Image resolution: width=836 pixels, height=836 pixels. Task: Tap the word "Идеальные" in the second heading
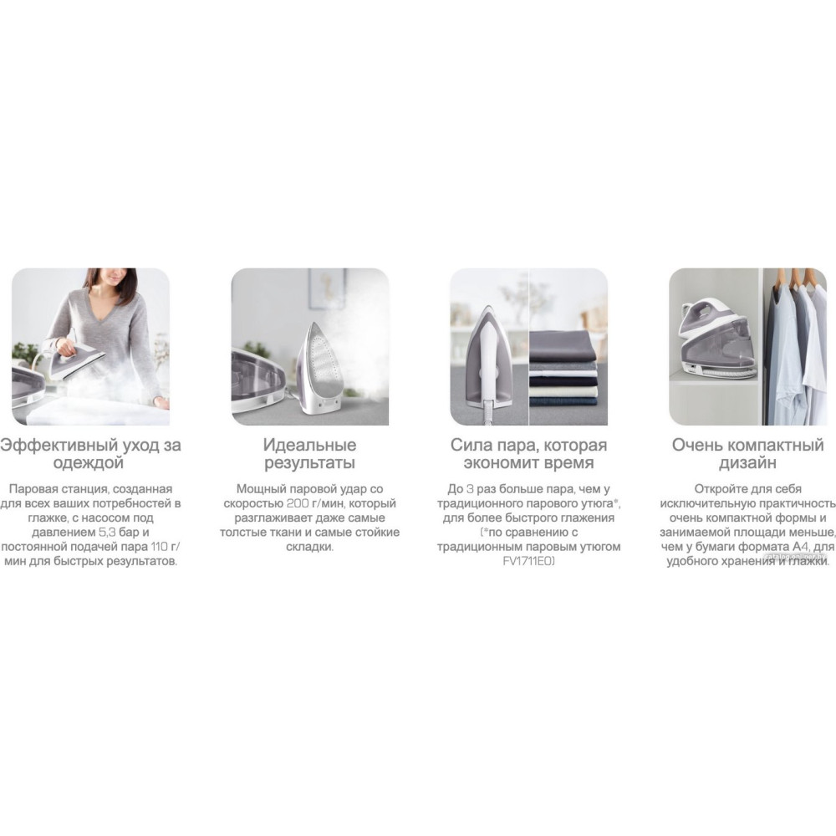(310, 445)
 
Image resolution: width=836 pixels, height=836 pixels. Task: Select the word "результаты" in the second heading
(310, 463)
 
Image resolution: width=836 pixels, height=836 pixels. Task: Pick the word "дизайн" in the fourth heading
(747, 463)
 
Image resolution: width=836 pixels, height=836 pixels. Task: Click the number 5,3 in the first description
(107, 532)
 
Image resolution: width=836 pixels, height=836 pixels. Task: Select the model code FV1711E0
(529, 561)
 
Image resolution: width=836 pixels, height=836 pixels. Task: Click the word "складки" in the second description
(308, 547)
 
